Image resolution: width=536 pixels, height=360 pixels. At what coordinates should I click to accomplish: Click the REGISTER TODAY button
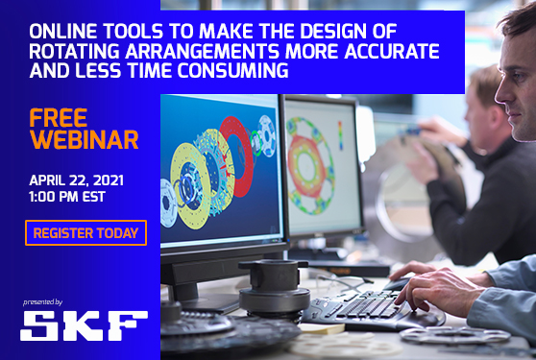(x=85, y=232)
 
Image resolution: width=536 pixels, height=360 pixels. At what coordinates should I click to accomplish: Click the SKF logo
(x=84, y=325)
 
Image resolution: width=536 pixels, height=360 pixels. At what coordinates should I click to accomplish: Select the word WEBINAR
(x=84, y=139)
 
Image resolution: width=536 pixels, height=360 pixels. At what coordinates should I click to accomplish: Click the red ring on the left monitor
(x=236, y=154)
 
